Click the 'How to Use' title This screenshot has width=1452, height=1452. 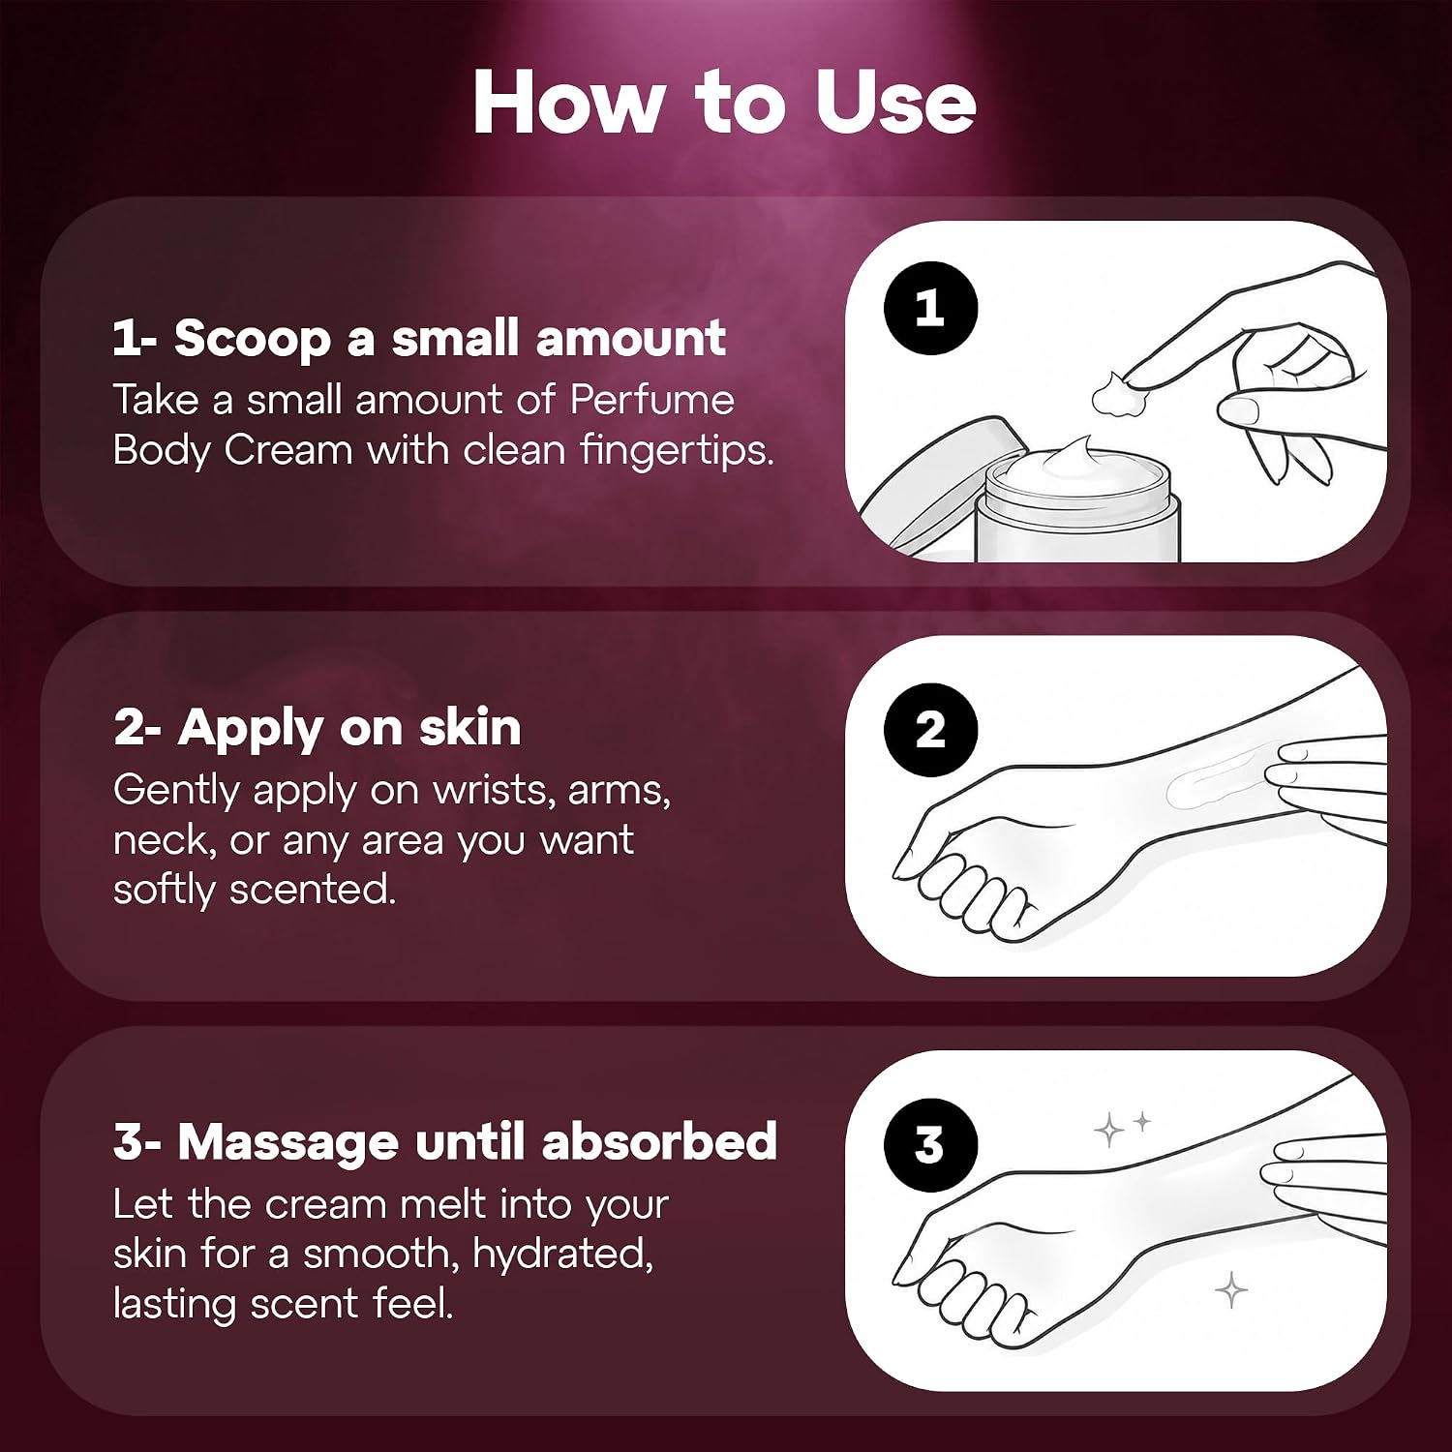724,103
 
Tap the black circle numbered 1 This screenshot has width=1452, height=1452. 930,308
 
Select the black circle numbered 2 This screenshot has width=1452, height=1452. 930,730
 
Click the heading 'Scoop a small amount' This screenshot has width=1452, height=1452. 450,339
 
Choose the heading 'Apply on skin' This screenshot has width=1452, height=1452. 349,728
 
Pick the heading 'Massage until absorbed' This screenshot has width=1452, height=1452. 477,1141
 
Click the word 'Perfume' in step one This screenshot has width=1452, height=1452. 652,399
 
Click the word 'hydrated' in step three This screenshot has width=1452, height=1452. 562,1255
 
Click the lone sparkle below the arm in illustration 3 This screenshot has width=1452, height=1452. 1231,1290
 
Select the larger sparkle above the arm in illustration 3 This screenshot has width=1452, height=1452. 1109,1130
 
